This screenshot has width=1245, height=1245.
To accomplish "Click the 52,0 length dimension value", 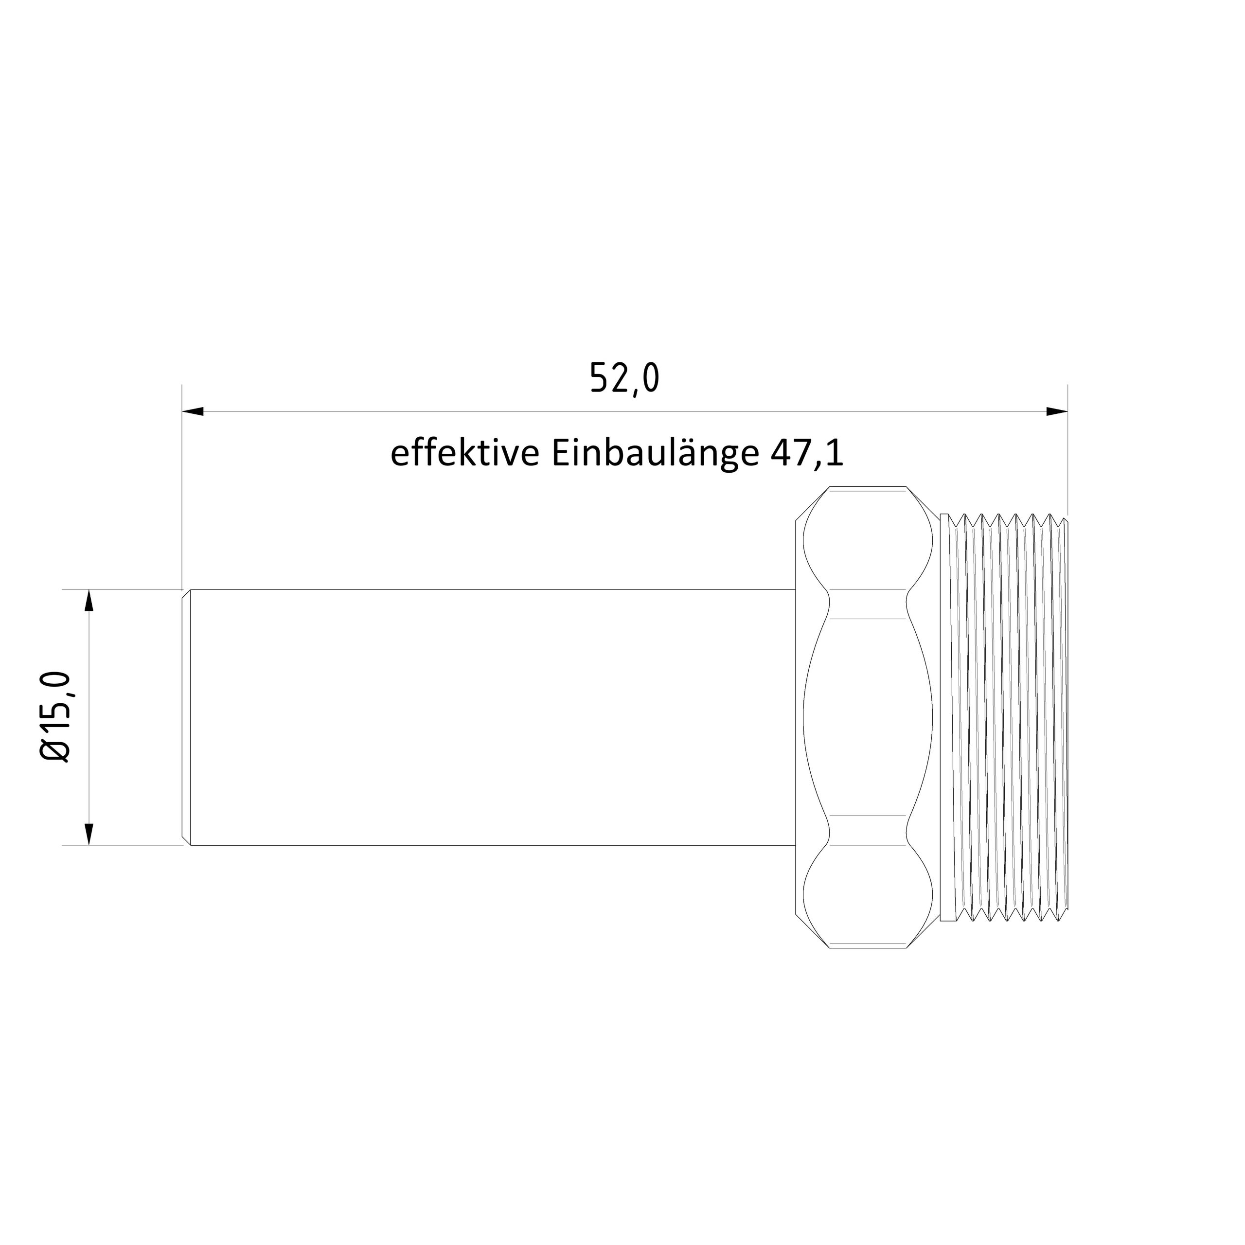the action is pyautogui.click(x=625, y=379).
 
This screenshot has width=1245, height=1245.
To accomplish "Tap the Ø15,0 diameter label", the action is pyautogui.click(x=55, y=716).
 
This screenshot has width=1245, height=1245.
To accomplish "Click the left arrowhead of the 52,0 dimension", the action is pyautogui.click(x=194, y=411).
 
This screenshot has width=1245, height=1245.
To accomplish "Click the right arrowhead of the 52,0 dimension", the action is pyautogui.click(x=1057, y=411).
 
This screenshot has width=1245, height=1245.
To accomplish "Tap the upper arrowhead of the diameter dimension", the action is pyautogui.click(x=89, y=601).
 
